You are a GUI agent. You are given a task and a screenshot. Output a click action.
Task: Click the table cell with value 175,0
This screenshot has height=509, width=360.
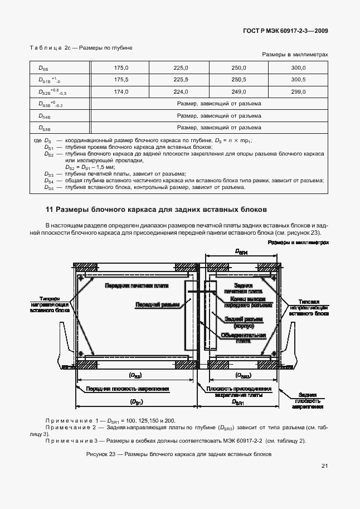click(121, 67)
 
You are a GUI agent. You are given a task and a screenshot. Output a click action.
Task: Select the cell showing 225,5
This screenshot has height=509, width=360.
click(181, 80)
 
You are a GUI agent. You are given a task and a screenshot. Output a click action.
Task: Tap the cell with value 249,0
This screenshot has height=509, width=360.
click(239, 91)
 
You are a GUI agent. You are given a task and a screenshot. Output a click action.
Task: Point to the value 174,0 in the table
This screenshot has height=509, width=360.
click(121, 91)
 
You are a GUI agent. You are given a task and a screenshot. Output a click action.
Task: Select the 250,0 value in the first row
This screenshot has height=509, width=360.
click(239, 67)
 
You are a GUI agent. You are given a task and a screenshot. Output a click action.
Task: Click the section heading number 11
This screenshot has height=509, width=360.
click(48, 210)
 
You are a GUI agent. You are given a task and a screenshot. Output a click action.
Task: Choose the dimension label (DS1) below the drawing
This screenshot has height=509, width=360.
click(135, 401)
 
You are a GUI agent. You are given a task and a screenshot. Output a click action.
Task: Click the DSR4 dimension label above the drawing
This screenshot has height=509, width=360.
click(241, 252)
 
